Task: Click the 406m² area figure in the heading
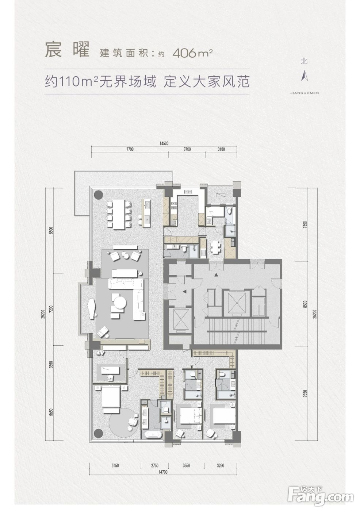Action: pos(193,53)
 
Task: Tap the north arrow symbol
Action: pos(305,76)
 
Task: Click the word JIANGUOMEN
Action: pos(305,93)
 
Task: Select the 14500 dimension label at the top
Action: pos(164,143)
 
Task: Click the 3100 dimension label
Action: pos(221,149)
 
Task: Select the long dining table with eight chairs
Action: pos(119,215)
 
